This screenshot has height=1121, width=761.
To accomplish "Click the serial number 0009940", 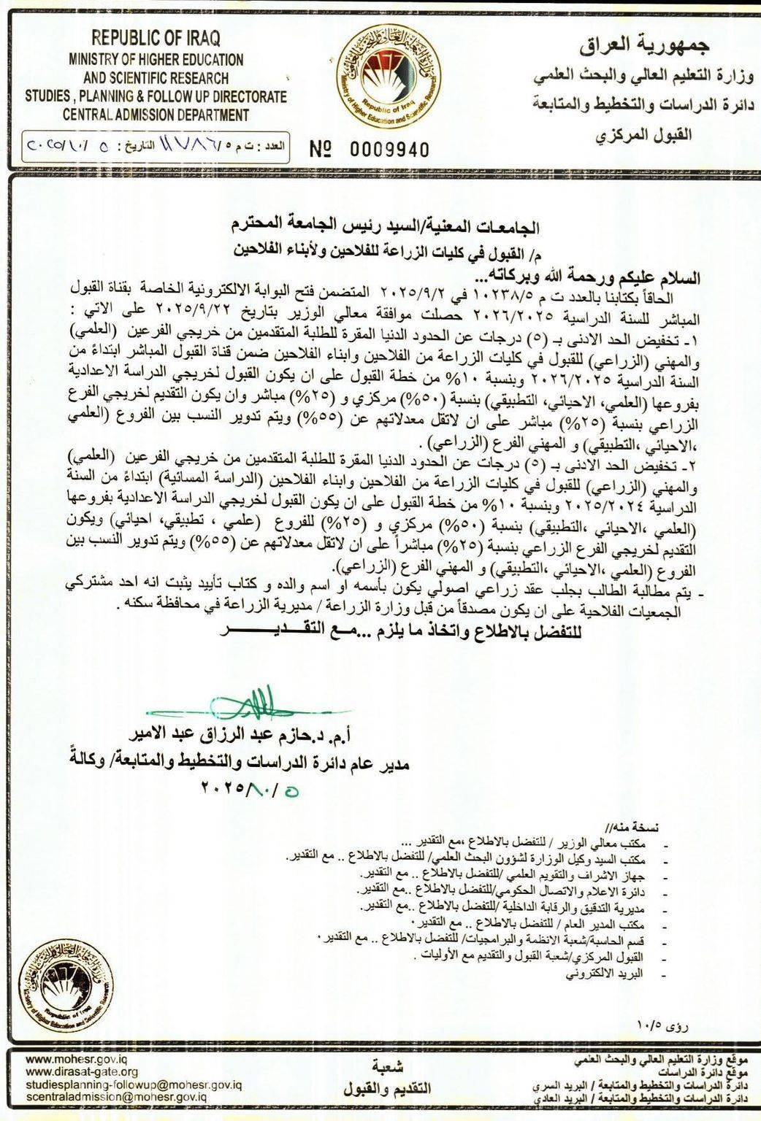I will click(x=390, y=150).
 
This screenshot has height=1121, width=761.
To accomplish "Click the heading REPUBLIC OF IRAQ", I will click(x=156, y=38).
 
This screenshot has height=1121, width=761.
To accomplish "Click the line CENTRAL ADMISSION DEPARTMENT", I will click(x=156, y=115).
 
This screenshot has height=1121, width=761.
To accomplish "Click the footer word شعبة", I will click(x=387, y=1064).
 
